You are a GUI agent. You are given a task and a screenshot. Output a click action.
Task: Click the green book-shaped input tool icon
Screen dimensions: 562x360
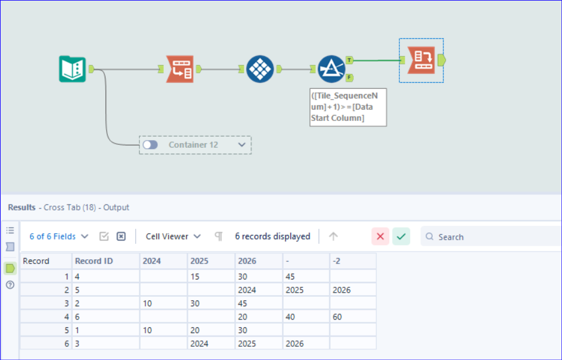[x=72, y=69]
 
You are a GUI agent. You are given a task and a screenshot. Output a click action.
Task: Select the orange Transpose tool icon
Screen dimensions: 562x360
[x=180, y=69]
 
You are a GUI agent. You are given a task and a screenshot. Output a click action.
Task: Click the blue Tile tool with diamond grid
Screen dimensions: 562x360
[x=260, y=69]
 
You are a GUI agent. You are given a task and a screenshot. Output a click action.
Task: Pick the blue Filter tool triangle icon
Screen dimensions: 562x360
[x=331, y=69]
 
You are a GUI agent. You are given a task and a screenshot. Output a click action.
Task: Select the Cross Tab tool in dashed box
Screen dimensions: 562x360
[x=421, y=60]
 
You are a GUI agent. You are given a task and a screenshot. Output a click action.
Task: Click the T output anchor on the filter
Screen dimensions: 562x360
[x=349, y=60]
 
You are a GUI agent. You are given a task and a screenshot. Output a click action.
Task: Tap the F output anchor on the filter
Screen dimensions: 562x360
[x=349, y=77]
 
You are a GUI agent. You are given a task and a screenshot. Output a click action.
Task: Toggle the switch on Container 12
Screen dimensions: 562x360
[x=150, y=145]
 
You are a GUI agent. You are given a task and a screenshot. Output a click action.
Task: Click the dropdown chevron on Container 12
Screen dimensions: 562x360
[x=242, y=145]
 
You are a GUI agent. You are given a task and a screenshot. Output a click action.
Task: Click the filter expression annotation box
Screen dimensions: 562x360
[x=348, y=107]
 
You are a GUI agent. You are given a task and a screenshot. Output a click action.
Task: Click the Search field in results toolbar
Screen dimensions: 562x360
[x=491, y=237]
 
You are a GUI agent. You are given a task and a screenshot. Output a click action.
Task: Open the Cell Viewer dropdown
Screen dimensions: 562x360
[x=173, y=236]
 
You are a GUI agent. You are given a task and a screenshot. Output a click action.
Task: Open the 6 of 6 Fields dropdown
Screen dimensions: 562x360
[x=59, y=236]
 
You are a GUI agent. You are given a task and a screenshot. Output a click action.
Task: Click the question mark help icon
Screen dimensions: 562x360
[x=10, y=285]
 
